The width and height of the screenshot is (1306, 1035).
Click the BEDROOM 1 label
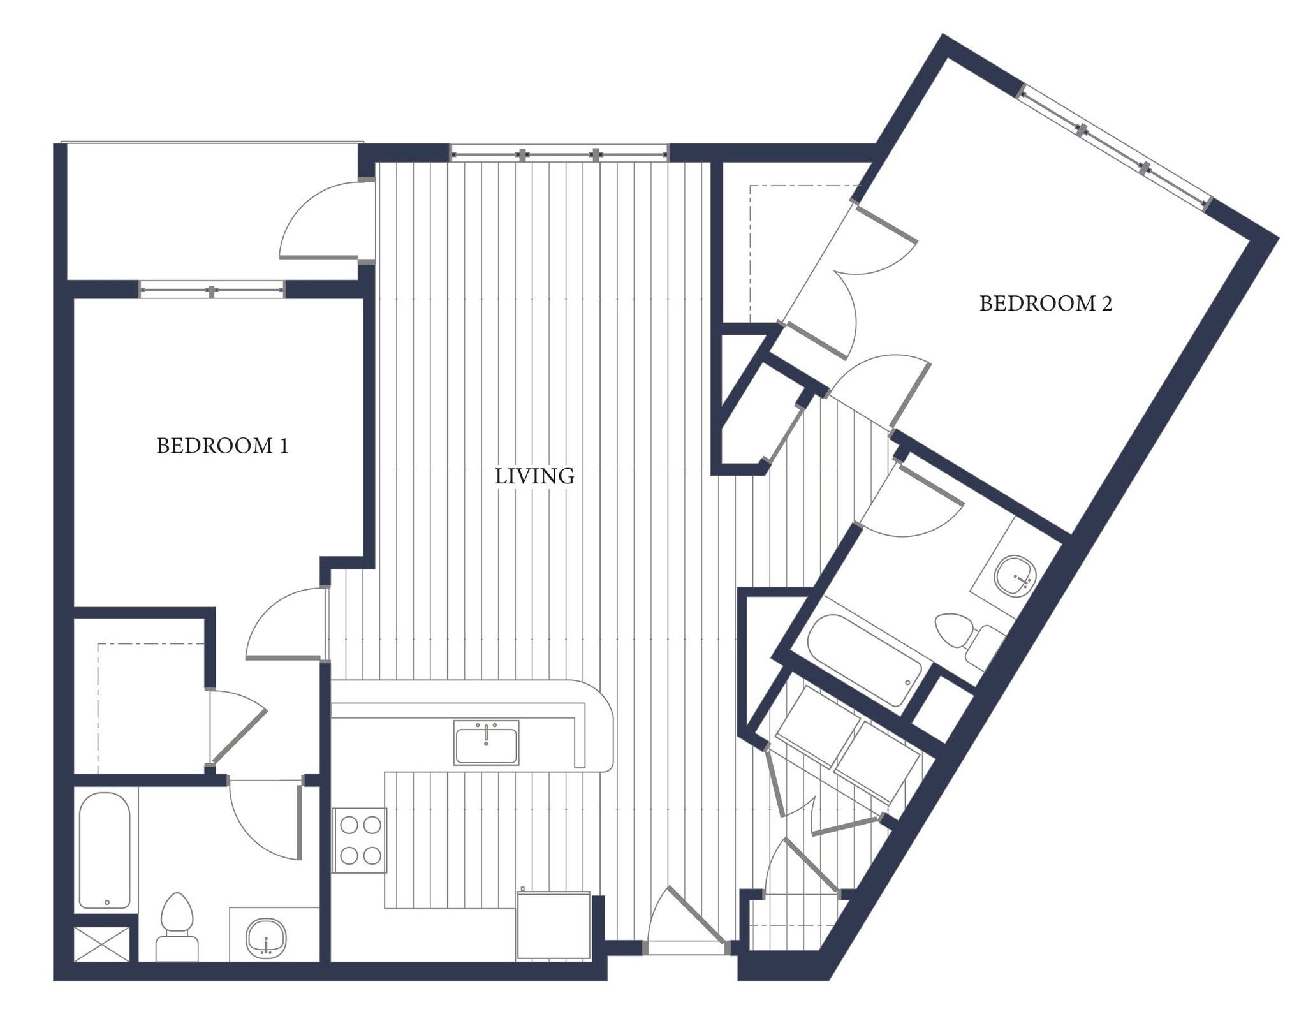point(223,446)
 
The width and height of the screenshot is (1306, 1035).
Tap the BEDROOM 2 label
point(1045,304)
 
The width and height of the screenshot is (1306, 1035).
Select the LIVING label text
point(534,476)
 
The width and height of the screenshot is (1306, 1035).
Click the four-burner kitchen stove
point(360,840)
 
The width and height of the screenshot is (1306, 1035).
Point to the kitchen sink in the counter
point(486,742)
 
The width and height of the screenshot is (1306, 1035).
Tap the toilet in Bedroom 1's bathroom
point(177,926)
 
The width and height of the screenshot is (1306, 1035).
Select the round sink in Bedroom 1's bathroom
point(266,937)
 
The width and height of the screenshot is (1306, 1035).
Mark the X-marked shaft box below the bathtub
point(102,944)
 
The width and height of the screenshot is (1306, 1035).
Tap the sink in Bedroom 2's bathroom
point(1015,576)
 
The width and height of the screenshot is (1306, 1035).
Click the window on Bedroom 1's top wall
point(212,291)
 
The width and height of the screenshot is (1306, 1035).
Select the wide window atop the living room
point(559,154)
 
